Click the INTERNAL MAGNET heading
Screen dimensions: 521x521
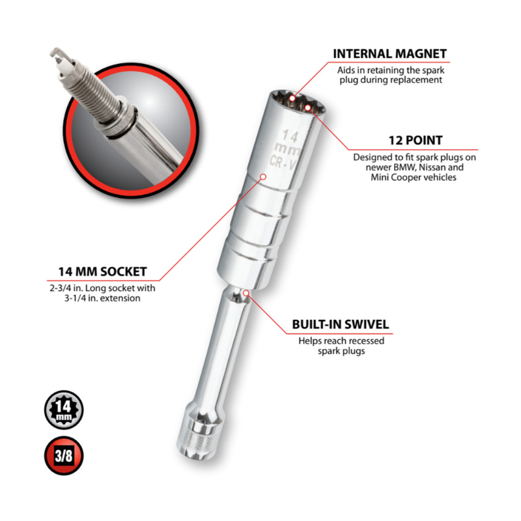[x=389, y=53]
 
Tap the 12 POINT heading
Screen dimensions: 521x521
[x=415, y=140]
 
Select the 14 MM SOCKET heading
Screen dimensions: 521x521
[x=102, y=272]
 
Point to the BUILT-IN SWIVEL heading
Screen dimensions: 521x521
[x=340, y=324]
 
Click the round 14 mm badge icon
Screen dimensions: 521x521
[x=64, y=410]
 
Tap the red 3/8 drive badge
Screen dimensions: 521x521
[x=64, y=455]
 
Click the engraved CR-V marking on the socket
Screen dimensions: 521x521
[x=284, y=162]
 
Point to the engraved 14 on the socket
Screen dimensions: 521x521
[x=290, y=135]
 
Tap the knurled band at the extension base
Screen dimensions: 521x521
[x=194, y=440]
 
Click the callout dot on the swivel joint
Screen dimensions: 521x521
[x=246, y=293]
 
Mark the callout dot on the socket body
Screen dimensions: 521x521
[x=263, y=176]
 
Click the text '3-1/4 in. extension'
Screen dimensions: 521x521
[x=102, y=298]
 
